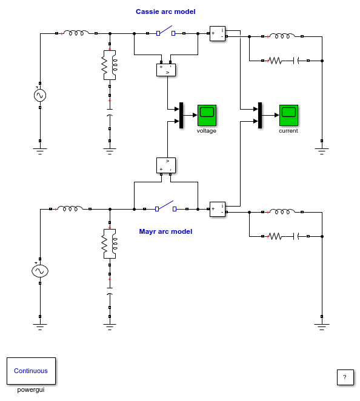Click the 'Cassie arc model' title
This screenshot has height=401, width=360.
[x=165, y=12]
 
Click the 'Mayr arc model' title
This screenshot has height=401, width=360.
[x=165, y=231]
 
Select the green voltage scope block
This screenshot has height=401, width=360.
[x=207, y=115]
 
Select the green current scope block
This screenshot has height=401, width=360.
[x=288, y=115]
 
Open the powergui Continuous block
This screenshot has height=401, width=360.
[x=31, y=371]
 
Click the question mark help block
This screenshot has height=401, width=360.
[x=345, y=377]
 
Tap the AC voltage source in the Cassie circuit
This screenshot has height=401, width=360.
[x=40, y=95]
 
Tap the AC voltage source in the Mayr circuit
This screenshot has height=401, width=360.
[x=40, y=271]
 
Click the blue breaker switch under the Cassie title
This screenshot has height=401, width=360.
[x=166, y=31]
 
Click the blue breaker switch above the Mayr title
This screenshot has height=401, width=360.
[x=166, y=207]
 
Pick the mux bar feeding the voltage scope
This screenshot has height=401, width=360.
[x=181, y=115]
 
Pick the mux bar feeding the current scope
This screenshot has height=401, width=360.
[x=260, y=115]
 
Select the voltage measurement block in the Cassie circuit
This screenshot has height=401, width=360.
[x=166, y=70]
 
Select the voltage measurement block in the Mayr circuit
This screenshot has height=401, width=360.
[x=166, y=165]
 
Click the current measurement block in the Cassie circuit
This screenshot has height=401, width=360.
[x=218, y=33]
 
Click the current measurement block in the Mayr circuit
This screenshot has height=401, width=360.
[x=218, y=209]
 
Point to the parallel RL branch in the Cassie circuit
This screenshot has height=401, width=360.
[x=110, y=65]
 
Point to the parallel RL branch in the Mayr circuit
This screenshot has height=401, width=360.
[x=110, y=244]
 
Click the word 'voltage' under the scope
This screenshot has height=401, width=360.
[x=207, y=131]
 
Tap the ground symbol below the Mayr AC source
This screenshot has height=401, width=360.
[x=40, y=326]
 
